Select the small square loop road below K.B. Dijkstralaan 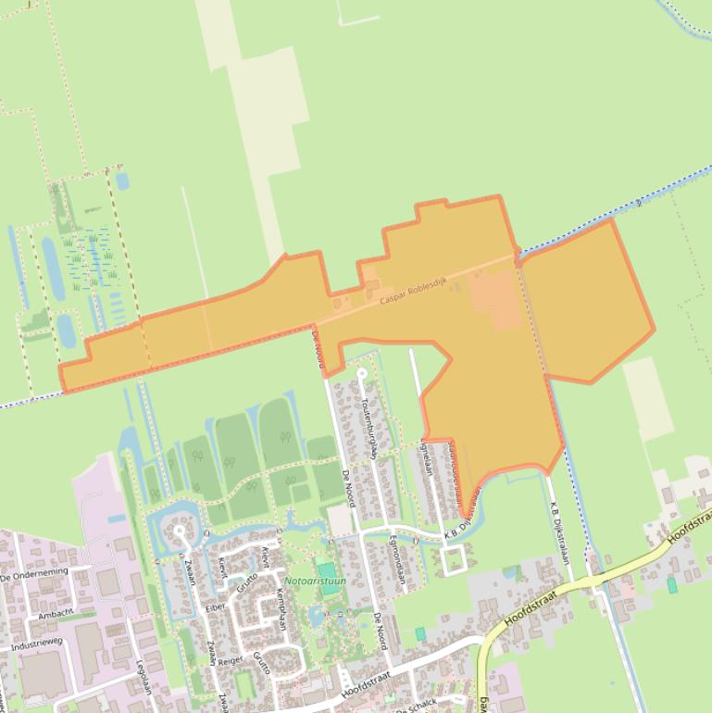[x=454, y=560]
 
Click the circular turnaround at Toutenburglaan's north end [x=361, y=374]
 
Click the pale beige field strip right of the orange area [x=648, y=398]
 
